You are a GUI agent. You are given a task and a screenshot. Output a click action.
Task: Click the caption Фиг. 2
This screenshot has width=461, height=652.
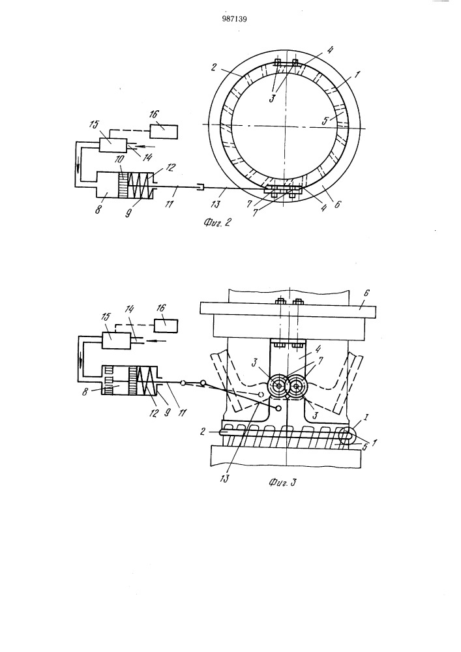(x=216, y=222)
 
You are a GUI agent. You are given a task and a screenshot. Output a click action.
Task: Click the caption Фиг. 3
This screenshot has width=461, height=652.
(x=282, y=482)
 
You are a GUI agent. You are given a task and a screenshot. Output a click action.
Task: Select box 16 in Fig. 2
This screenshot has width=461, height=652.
(x=164, y=132)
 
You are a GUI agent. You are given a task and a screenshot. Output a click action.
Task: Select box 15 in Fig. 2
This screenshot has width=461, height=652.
(x=113, y=145)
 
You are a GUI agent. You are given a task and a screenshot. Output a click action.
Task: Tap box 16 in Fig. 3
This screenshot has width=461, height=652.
(x=166, y=325)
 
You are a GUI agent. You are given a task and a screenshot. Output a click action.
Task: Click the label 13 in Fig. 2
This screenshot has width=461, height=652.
(x=216, y=204)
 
